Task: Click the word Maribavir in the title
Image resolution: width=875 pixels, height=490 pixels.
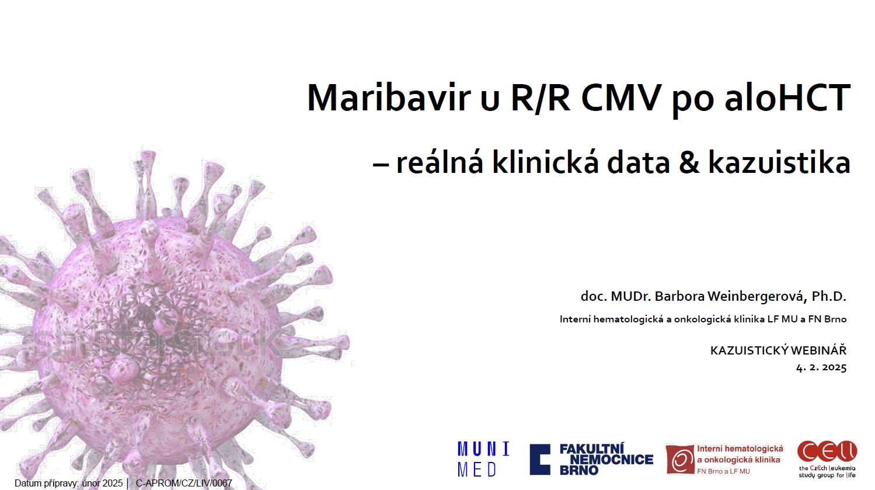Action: coord(389,98)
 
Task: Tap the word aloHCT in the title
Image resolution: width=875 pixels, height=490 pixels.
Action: coord(787,98)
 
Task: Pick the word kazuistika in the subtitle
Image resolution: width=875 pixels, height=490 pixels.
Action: coord(779,162)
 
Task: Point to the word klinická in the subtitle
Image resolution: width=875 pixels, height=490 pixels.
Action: coord(545,162)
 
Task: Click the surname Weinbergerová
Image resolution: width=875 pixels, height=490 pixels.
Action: coord(757,297)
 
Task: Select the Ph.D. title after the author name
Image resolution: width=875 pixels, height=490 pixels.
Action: coord(829,296)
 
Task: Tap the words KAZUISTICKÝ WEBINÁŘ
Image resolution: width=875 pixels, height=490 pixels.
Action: coord(778,350)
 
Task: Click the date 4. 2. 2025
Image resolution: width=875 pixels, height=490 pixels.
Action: coord(821,367)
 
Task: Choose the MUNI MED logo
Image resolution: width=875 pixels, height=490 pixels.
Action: coord(483,459)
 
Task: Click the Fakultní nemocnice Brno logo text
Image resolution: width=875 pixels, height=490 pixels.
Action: coord(606,460)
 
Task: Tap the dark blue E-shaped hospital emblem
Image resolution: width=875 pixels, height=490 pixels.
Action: coord(540,460)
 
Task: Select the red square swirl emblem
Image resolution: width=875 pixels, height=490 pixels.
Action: coord(680,460)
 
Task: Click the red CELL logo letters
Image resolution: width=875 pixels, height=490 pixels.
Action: coord(827,451)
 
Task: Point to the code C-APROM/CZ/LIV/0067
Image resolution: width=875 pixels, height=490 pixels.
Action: coord(184,484)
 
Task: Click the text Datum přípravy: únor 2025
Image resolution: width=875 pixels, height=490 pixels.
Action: coord(69,484)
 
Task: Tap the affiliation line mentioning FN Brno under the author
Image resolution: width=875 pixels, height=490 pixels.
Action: coord(703,319)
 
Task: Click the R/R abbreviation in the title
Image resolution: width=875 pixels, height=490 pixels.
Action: coord(540,98)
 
